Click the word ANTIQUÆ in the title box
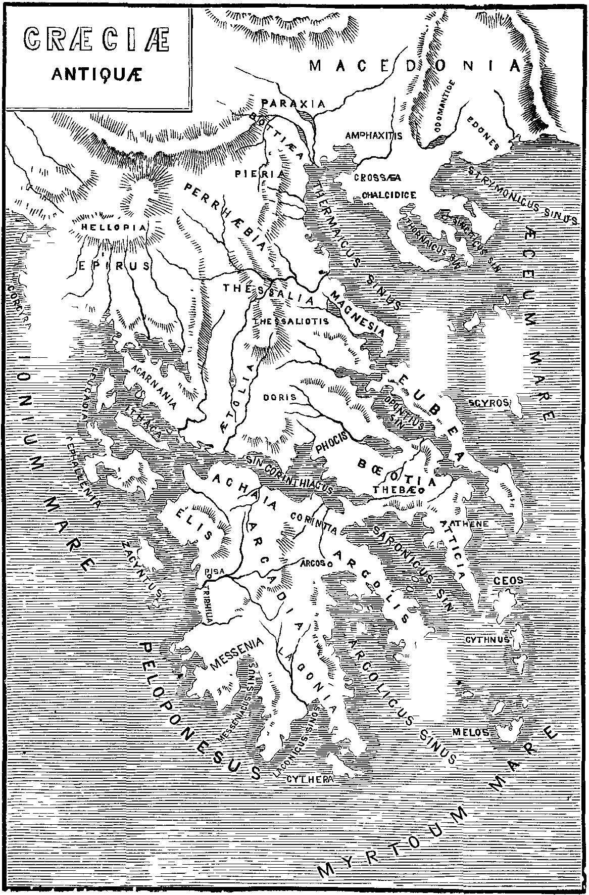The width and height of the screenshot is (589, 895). click(x=97, y=74)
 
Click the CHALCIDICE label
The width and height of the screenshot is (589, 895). click(x=389, y=195)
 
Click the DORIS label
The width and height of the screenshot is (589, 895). click(x=279, y=397)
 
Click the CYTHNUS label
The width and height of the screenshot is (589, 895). click(x=487, y=639)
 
